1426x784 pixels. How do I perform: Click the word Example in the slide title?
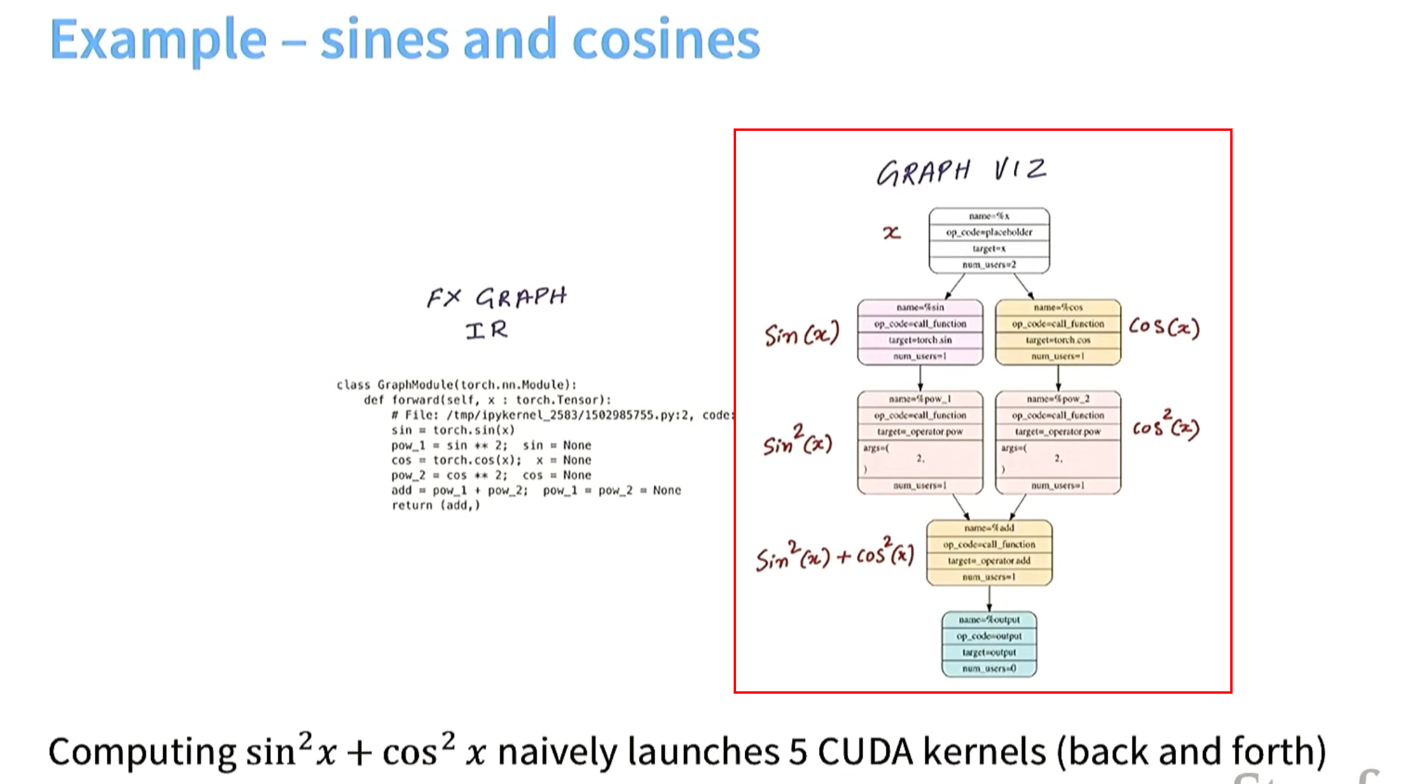coord(158,40)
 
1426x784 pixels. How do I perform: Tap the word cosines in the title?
coord(666,40)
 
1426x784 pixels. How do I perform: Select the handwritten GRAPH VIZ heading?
coord(961,171)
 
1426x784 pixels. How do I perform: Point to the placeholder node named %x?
coord(989,241)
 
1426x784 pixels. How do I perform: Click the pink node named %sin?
coord(920,332)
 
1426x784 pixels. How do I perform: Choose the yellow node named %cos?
coord(1058,332)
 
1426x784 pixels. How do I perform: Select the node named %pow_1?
coord(920,442)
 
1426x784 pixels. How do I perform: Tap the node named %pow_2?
coord(1058,442)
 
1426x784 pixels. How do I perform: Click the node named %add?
coord(989,553)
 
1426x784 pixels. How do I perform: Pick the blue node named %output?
coord(989,644)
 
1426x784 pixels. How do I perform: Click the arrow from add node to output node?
coord(989,598)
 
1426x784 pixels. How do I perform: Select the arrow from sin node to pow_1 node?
coord(920,378)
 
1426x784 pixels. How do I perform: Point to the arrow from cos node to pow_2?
coord(1059,378)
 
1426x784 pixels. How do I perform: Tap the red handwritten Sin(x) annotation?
coord(802,334)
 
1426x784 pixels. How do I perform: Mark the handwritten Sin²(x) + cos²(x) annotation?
coord(834,555)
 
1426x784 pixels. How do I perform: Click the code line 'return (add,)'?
coord(435,505)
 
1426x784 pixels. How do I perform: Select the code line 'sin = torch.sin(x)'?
coord(452,430)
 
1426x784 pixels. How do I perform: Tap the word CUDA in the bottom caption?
coord(865,752)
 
